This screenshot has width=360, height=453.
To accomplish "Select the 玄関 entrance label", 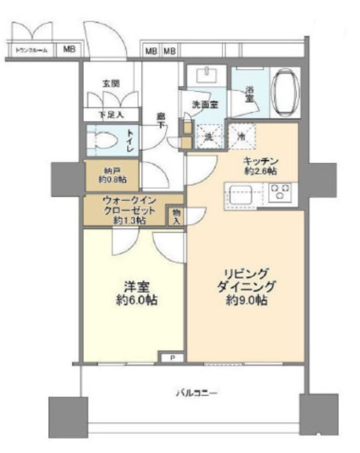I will pos(111,83).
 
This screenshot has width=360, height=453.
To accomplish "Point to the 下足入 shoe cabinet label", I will pos(111,115).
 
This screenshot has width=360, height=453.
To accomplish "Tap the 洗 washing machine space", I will pos(206,135).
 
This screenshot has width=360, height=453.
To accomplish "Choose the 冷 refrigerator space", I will pos(242,135).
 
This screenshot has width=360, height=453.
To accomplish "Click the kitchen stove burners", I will pos(280,192).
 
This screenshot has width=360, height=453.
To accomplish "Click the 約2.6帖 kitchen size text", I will pos(261,171).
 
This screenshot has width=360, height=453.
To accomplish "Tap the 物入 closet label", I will pos(176,217).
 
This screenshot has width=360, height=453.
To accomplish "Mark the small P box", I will pos(172,358).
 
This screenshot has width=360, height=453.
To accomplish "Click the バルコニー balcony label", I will pos(196,394).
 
